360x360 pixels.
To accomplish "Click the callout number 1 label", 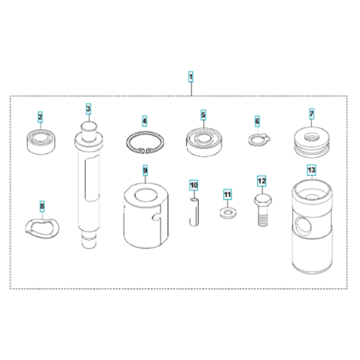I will coord(190,77).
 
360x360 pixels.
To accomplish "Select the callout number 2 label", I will coord(40,118).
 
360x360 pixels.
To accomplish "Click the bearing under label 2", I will coord(40,141).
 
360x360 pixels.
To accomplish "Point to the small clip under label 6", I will coord(256,139).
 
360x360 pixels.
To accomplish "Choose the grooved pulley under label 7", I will coord(311,143).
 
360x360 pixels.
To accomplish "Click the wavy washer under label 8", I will coord(42,225).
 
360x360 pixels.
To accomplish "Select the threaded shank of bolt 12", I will coord(262,217).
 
